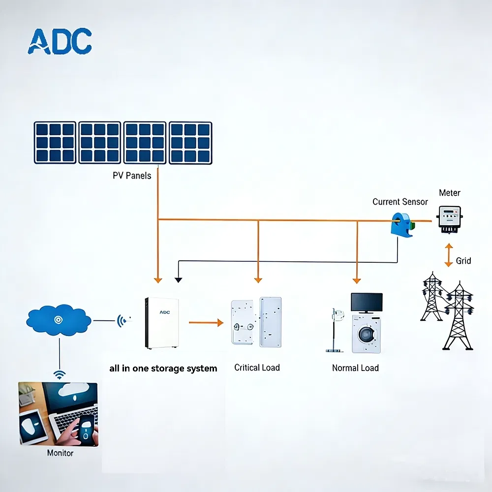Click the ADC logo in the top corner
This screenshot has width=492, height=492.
click(60, 41)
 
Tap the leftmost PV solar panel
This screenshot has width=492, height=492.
click(55, 143)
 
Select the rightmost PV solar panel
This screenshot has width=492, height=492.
click(190, 143)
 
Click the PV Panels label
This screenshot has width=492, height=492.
click(132, 175)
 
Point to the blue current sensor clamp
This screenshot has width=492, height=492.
click(402, 224)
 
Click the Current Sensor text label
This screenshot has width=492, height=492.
click(400, 202)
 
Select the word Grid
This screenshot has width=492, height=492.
click(463, 261)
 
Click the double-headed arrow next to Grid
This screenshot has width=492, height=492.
click(448, 255)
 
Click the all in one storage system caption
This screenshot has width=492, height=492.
click(163, 368)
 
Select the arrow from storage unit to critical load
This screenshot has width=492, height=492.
click(206, 323)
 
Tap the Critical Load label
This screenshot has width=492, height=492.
click(257, 368)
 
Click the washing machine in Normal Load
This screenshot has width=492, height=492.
click(366, 334)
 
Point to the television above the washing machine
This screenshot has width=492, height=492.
click(367, 302)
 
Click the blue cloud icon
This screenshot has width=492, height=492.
click(59, 320)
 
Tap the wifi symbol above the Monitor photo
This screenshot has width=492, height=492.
click(60, 375)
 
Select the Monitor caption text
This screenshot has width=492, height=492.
click(60, 453)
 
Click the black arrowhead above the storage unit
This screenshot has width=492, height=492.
click(178, 279)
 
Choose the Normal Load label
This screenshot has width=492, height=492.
click(355, 368)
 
